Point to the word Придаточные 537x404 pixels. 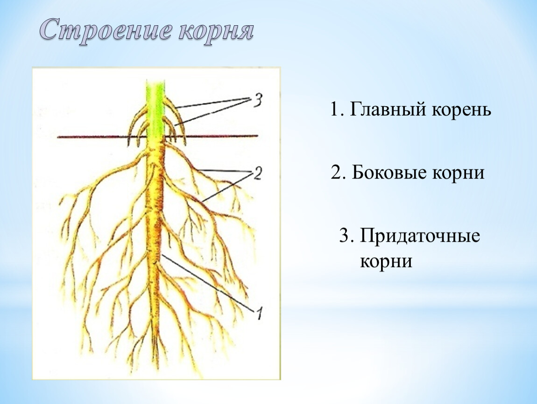point(419,236)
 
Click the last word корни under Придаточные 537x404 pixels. point(386,262)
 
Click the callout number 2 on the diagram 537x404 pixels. point(257,173)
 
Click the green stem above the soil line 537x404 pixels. point(155,110)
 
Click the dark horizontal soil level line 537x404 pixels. point(157,137)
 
